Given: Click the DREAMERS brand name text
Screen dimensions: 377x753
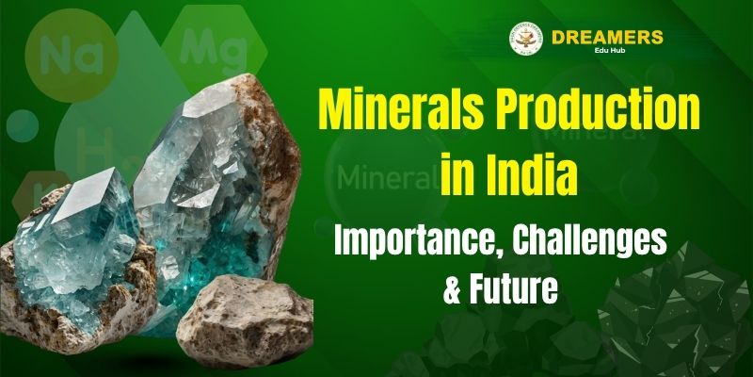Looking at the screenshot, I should [608, 38].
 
